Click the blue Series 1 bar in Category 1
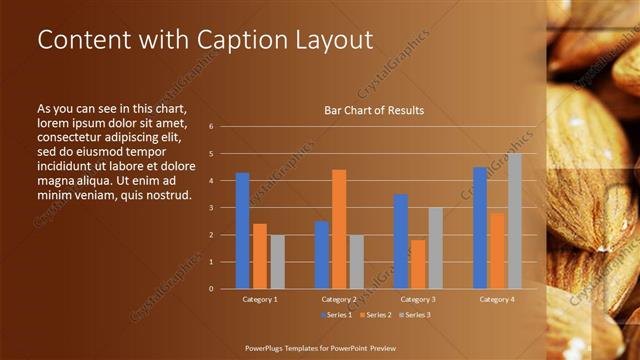pyautogui.click(x=242, y=231)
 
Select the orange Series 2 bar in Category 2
pyautogui.click(x=339, y=229)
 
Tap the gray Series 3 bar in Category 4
pyautogui.click(x=514, y=221)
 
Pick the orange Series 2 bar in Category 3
pyautogui.click(x=417, y=264)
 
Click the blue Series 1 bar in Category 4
pyautogui.click(x=480, y=228)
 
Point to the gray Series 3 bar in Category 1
pyautogui.click(x=277, y=262)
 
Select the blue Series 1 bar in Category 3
pyautogui.click(x=400, y=241)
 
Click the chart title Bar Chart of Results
pyautogui.click(x=374, y=110)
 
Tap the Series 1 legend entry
pyautogui.click(x=336, y=315)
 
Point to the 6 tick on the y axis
pyautogui.click(x=211, y=127)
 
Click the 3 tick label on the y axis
pyautogui.click(x=211, y=208)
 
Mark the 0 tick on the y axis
pyautogui.click(x=211, y=289)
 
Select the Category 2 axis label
pyautogui.click(x=339, y=299)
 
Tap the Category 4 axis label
pyautogui.click(x=496, y=299)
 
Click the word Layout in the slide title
pyautogui.click(x=330, y=40)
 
